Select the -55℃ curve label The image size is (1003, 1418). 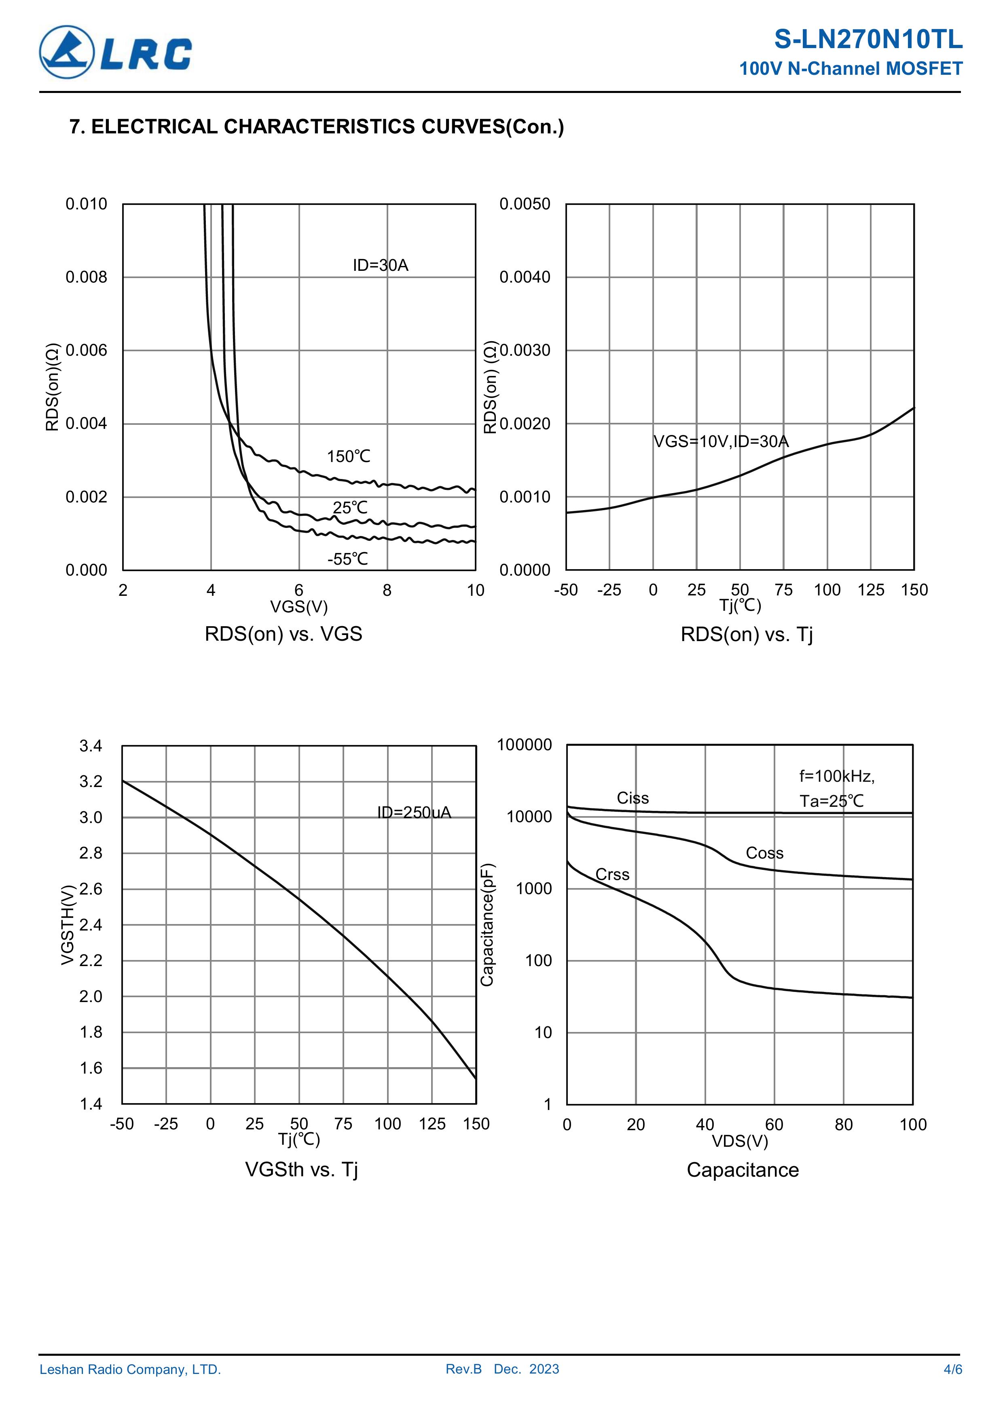(347, 559)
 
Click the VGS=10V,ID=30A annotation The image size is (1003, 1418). (721, 441)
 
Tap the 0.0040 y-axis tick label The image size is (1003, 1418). (524, 277)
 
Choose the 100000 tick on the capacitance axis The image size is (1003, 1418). (524, 745)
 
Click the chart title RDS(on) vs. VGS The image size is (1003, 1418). (283, 634)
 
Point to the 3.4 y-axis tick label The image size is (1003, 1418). (91, 746)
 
